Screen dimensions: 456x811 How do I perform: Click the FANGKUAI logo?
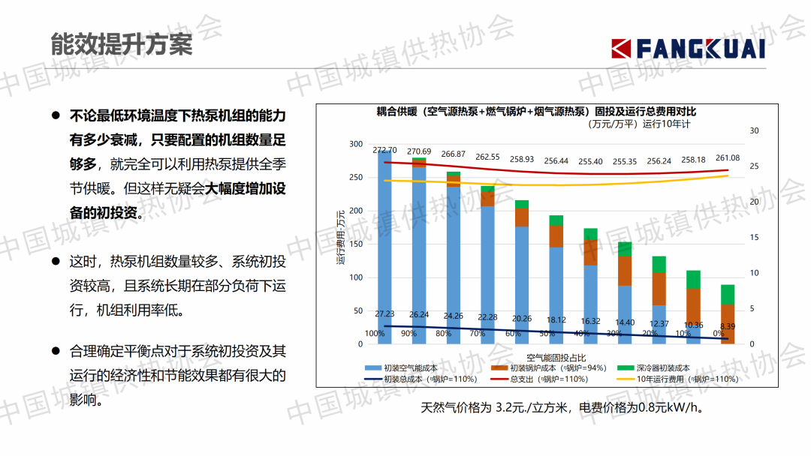[688, 49]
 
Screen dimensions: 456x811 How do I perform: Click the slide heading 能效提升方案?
[122, 43]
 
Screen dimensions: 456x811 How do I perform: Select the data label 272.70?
[384, 150]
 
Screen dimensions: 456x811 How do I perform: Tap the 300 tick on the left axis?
[356, 144]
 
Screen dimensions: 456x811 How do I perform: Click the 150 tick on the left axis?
[356, 244]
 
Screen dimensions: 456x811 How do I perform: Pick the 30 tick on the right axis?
[755, 130]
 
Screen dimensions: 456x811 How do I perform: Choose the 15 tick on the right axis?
[755, 238]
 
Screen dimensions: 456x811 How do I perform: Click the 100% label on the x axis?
[375, 334]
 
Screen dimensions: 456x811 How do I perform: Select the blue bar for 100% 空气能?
[384, 247]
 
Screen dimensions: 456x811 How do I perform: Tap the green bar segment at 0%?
[728, 294]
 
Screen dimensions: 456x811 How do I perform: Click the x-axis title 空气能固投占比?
[556, 357]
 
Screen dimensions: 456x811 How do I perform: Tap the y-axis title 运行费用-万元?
[339, 238]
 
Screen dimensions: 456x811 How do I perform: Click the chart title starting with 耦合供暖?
[536, 112]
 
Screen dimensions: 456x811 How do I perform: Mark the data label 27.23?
[384, 313]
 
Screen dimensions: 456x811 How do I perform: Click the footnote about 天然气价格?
[562, 409]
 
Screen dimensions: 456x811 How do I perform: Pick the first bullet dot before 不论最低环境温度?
[55, 116]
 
